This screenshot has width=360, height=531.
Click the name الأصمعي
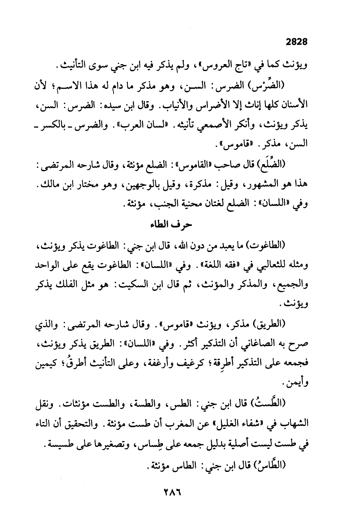(224, 126)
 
